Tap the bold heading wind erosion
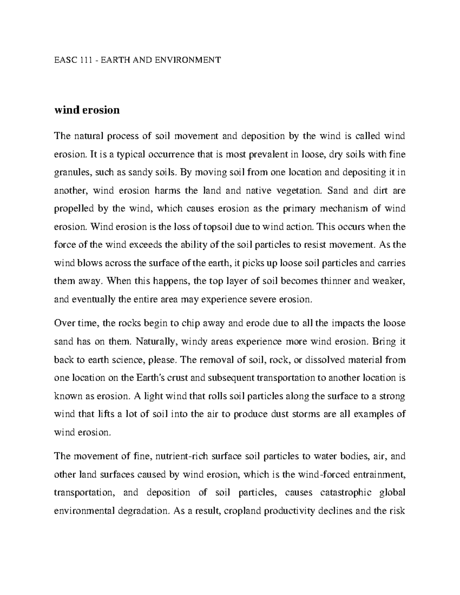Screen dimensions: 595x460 coord(87,110)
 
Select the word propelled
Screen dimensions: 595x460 coord(73,209)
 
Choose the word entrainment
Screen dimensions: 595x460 coord(378,475)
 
